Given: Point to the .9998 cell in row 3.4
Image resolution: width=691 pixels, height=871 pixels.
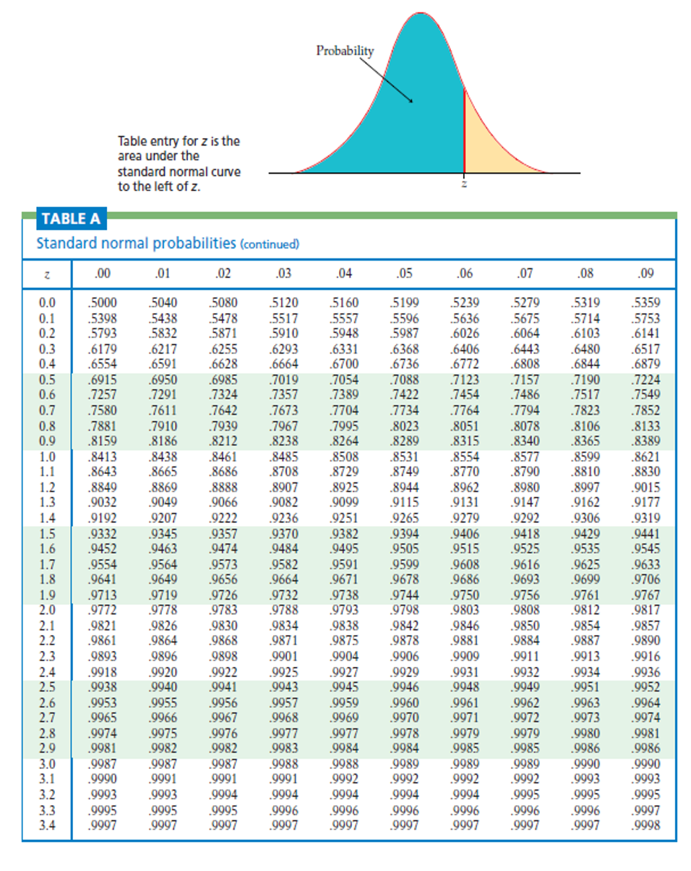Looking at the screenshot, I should (646, 825).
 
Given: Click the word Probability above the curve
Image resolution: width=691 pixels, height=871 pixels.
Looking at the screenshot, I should (345, 51).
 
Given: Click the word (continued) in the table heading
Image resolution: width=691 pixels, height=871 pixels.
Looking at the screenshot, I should (269, 244).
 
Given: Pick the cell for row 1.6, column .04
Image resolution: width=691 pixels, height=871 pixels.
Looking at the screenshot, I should (343, 548).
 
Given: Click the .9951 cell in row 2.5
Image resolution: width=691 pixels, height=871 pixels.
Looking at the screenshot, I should (586, 687).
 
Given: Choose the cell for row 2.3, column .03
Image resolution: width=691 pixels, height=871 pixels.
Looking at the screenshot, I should (283, 657).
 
